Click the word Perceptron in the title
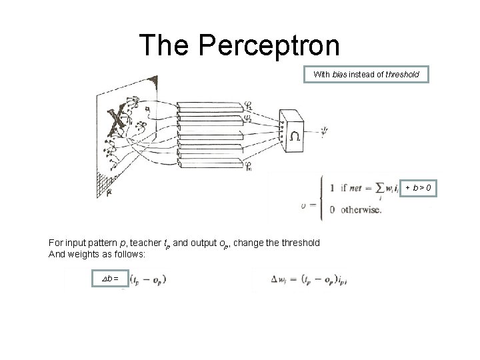[269, 45]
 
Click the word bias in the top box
[339, 75]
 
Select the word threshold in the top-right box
[401, 75]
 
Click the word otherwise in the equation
[360, 210]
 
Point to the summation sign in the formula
[384, 189]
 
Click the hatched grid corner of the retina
[103, 181]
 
